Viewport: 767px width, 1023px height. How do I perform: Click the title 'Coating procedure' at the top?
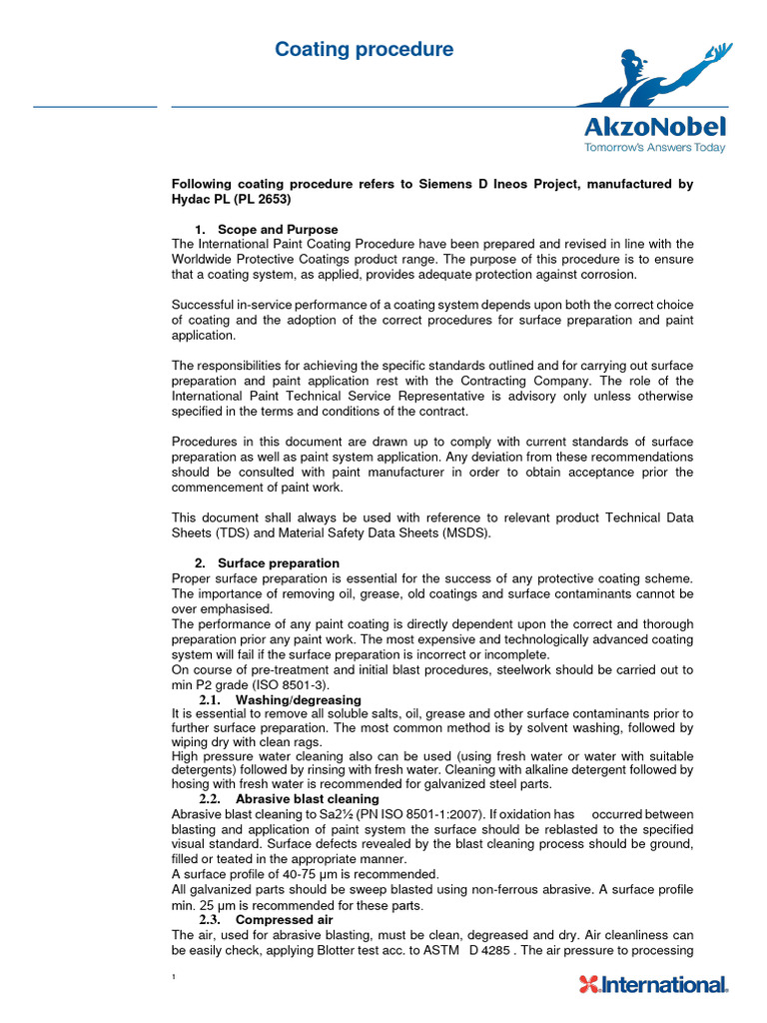[x=364, y=49]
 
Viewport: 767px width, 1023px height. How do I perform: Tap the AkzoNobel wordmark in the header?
[x=654, y=127]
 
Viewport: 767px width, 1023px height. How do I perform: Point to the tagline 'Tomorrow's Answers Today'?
[x=654, y=148]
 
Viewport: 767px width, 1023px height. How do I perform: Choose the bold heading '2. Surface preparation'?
[x=268, y=562]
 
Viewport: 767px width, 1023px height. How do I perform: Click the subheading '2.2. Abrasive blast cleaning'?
[x=289, y=799]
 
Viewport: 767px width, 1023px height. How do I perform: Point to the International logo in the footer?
[x=654, y=985]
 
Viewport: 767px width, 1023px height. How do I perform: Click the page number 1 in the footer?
[x=175, y=976]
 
